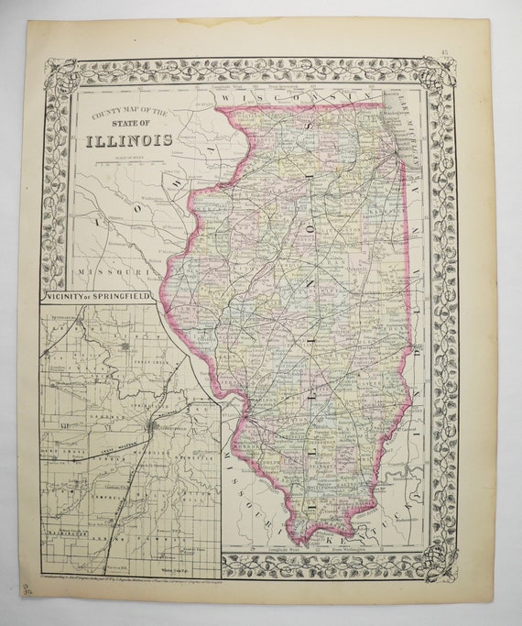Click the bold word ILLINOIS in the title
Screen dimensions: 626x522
click(128, 140)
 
